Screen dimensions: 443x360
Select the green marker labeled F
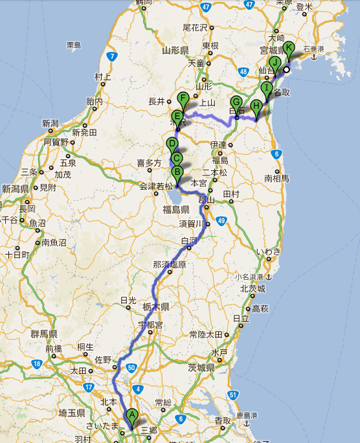pyautogui.click(x=183, y=100)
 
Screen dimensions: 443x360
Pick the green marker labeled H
pyautogui.click(x=257, y=107)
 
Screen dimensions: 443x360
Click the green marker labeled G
pyautogui.click(x=236, y=103)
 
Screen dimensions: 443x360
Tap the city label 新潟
pyautogui.click(x=51, y=124)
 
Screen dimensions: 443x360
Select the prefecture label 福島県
pyautogui.click(x=175, y=209)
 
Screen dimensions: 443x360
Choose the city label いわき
pyautogui.click(x=268, y=251)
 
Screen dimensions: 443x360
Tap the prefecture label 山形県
pyautogui.click(x=175, y=50)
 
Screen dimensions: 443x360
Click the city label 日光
pyautogui.click(x=128, y=301)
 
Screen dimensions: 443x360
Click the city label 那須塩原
pyautogui.click(x=169, y=264)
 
